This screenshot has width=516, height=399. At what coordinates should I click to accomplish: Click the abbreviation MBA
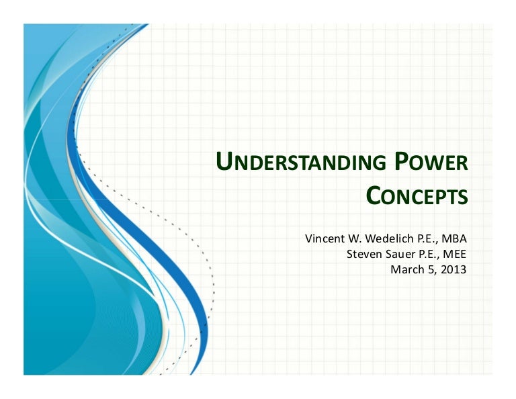[454, 238]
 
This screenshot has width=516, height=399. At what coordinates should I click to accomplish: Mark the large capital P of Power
[399, 163]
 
